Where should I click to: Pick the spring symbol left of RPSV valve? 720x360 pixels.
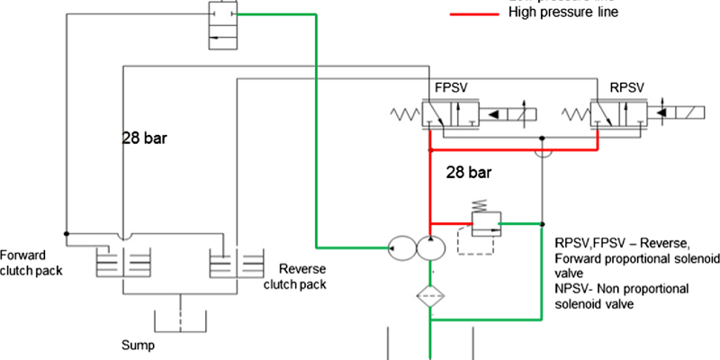574,114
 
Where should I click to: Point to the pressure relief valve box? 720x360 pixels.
486,220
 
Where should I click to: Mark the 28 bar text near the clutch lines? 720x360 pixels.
147,139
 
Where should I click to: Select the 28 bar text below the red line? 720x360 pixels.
469,171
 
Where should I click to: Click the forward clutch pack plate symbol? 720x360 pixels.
121,265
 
